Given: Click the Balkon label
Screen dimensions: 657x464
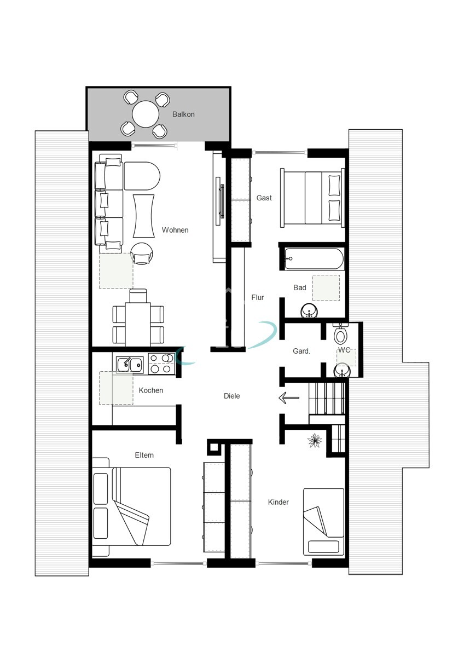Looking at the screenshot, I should [183, 114].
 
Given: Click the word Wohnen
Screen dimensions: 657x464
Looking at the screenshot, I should [175, 230].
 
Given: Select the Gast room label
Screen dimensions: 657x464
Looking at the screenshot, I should [264, 198].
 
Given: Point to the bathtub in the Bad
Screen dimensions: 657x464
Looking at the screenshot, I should [314, 258].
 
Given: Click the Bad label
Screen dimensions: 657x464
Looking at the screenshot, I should [300, 287].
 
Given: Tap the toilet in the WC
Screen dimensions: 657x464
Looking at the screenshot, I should [341, 333].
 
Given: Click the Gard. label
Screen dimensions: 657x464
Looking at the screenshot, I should [301, 351].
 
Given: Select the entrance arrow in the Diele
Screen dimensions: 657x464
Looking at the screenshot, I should [289, 398].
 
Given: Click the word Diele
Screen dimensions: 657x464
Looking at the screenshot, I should [232, 396].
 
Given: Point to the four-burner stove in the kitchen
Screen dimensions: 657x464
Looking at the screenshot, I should [161, 364].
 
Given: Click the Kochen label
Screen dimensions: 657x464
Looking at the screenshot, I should [151, 390].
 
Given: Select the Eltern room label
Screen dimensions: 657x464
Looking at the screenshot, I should [144, 455].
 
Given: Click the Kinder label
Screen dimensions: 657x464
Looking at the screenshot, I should [278, 502].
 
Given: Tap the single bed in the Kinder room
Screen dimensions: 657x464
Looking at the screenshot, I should [323, 521].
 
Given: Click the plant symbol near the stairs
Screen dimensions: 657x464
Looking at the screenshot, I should [315, 440].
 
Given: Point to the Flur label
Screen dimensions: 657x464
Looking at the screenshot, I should [257, 297].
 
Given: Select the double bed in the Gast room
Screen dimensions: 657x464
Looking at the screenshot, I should [312, 198].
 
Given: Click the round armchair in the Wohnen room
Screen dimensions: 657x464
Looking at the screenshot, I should [142, 254].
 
